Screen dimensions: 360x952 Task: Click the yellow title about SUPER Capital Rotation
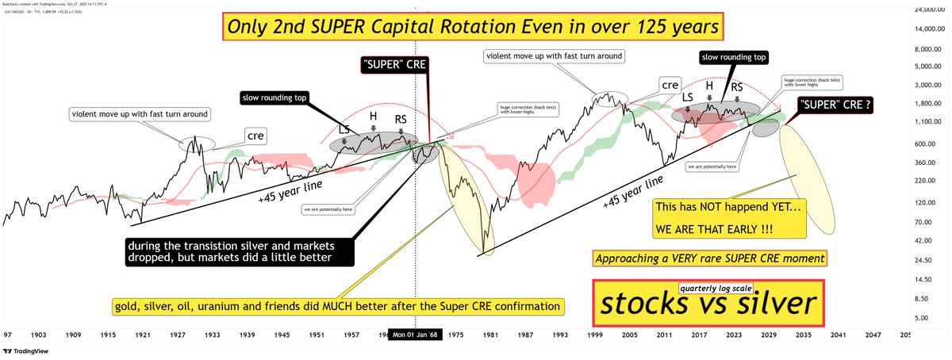pos(474,28)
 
